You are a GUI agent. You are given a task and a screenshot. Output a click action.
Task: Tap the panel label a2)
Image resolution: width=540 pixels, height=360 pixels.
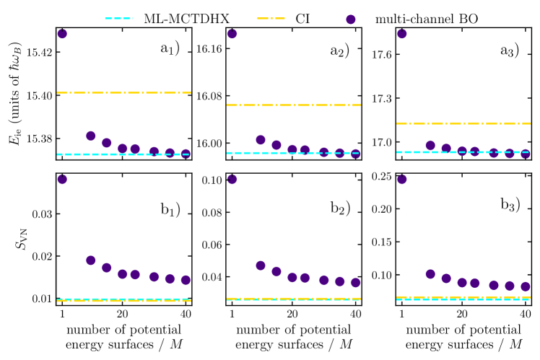339,51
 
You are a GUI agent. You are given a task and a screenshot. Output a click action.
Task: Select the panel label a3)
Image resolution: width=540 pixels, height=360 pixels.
510,51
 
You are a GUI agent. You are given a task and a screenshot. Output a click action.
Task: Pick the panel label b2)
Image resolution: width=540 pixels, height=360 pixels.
339,208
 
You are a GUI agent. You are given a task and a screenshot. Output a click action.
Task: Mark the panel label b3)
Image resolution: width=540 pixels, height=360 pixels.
510,204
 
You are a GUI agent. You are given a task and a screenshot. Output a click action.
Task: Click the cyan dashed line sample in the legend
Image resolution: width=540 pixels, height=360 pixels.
119,18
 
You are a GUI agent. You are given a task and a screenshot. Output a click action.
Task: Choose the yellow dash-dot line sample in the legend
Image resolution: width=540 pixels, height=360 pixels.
271,18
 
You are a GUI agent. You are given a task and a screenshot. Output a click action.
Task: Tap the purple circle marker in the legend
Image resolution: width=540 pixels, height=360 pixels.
351,19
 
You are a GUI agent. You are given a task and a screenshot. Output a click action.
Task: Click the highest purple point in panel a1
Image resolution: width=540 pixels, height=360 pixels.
62,33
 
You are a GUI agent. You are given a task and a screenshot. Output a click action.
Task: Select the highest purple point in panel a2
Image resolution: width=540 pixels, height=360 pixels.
232,33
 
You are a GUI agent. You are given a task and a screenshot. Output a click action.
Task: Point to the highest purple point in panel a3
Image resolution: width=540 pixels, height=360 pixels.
402,33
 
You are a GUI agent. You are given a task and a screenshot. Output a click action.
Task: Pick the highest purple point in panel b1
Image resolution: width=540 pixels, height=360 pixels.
62,179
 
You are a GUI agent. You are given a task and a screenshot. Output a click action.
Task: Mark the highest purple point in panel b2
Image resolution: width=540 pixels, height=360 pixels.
232,179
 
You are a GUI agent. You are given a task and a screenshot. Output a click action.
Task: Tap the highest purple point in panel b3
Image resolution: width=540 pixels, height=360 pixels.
402,179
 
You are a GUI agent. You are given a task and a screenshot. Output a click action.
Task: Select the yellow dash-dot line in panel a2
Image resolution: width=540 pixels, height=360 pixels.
293,105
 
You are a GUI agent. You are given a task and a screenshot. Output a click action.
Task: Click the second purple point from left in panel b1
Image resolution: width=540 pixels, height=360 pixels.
91,260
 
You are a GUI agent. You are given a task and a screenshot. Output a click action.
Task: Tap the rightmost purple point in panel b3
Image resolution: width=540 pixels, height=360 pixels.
526,286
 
